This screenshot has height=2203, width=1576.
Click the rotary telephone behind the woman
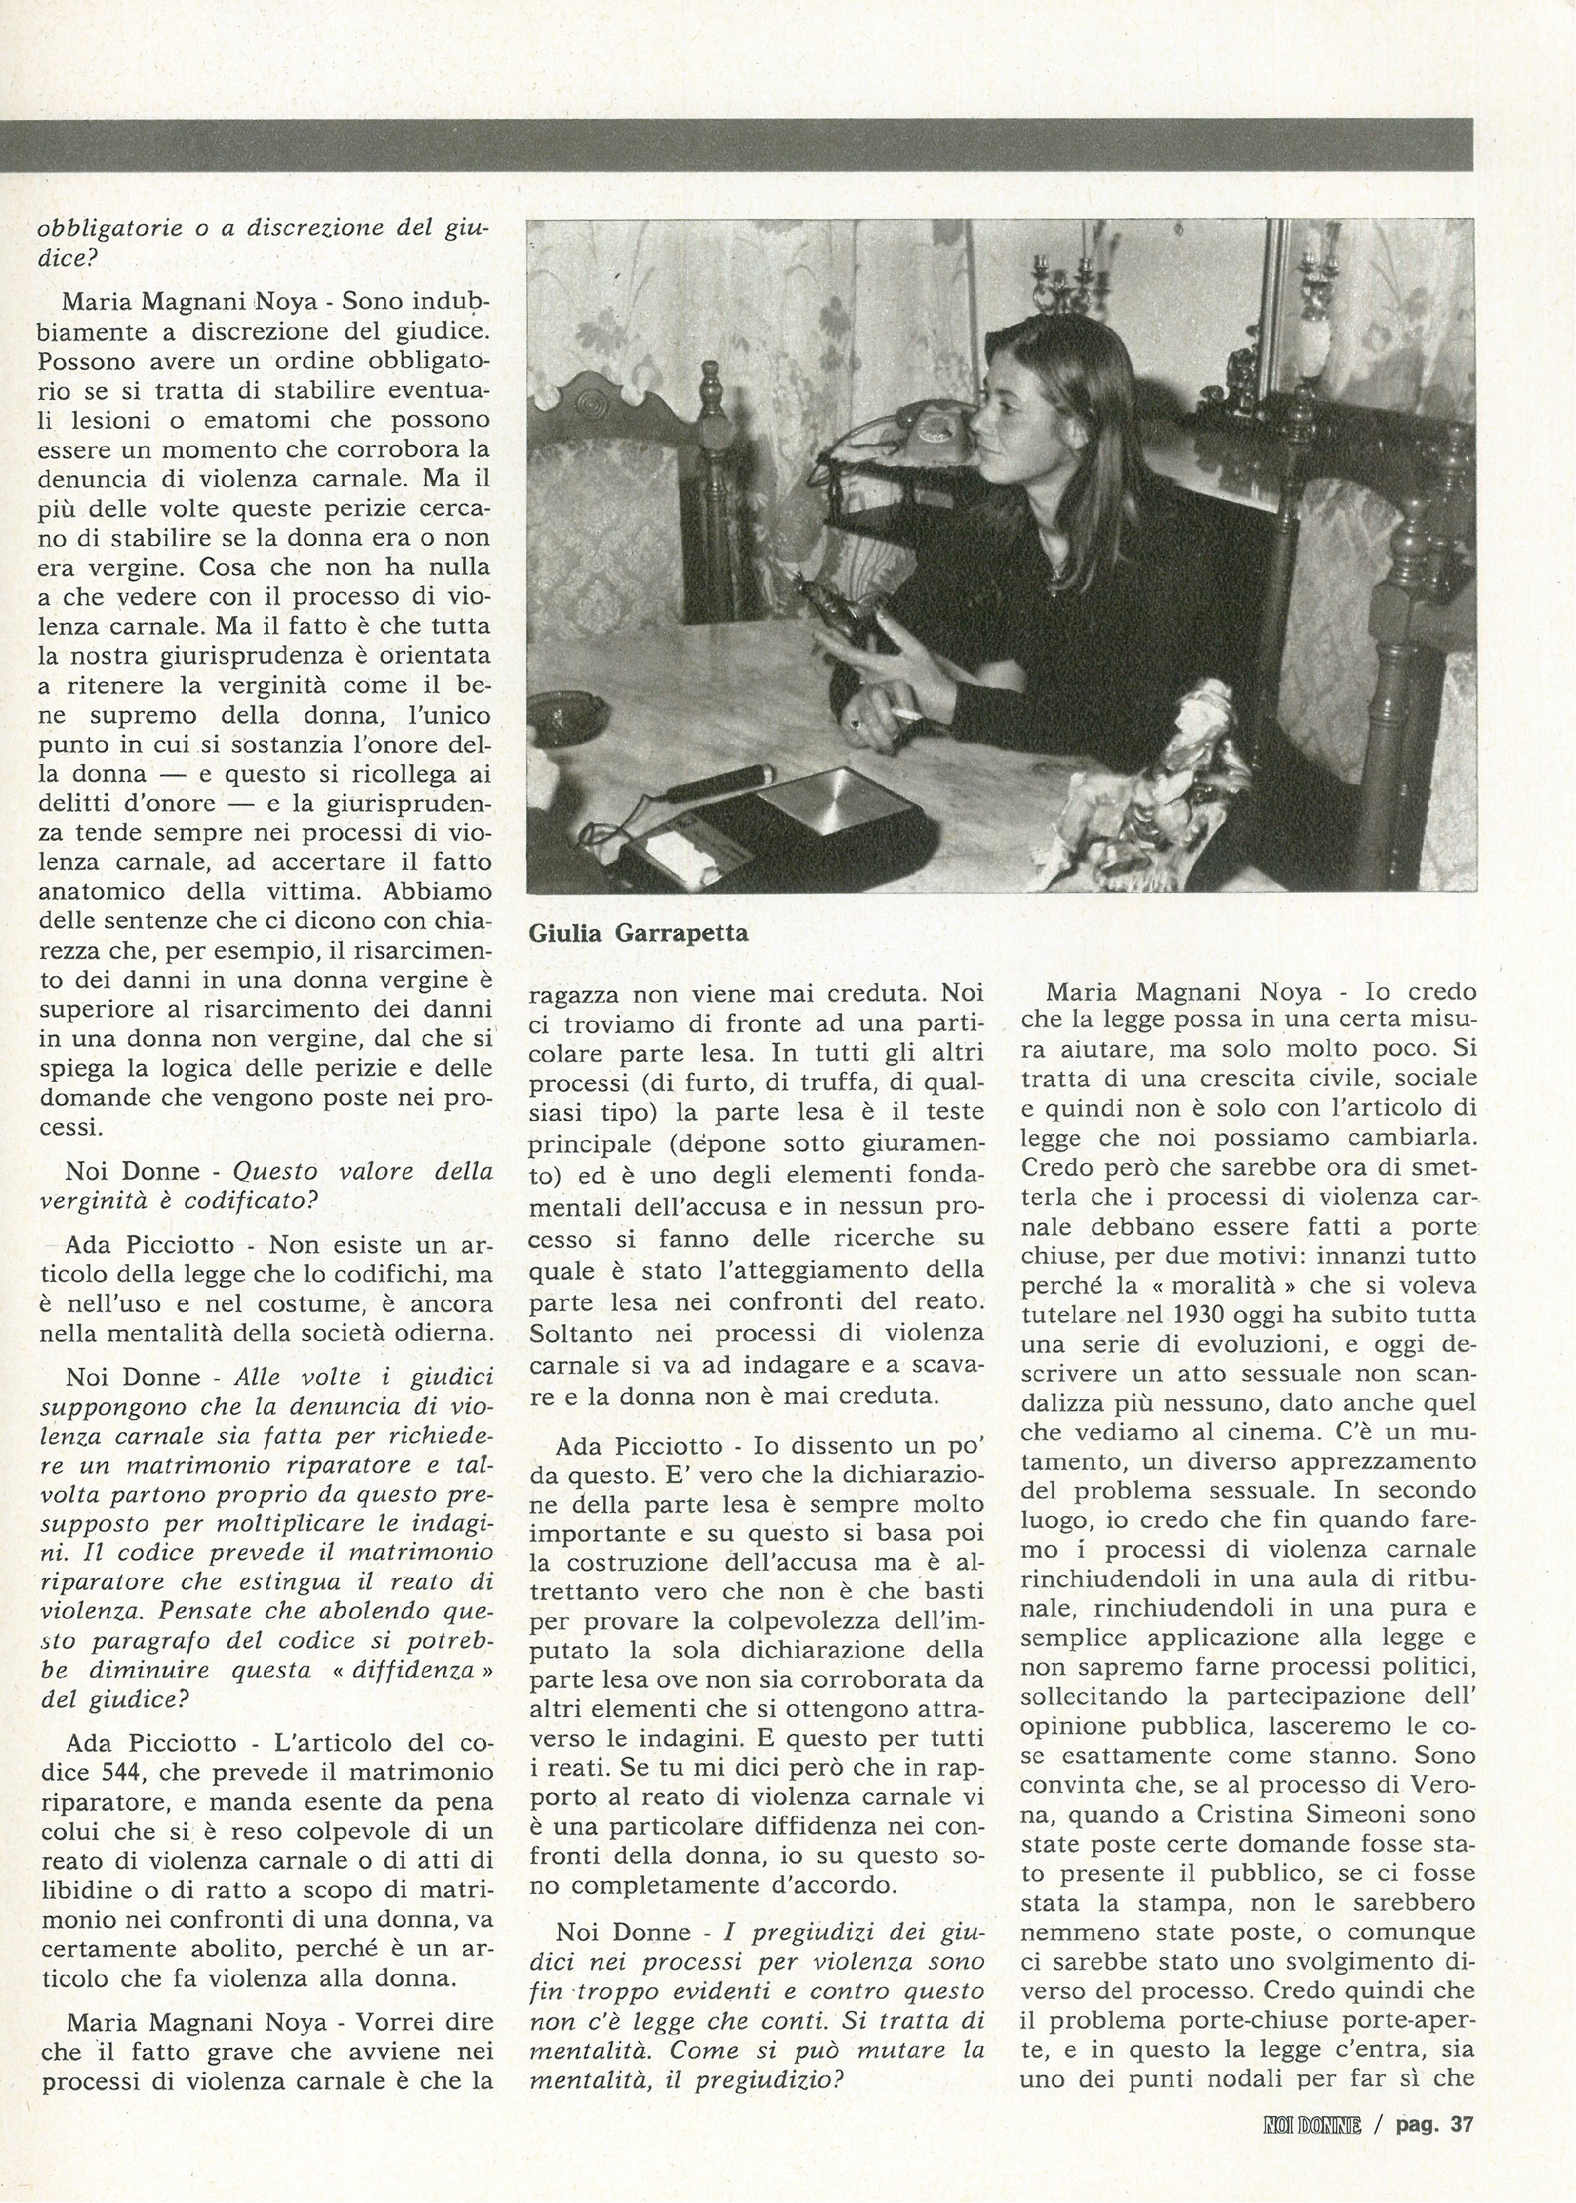[922, 427]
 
